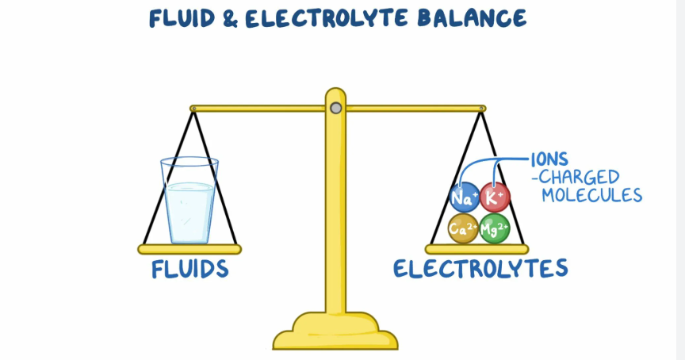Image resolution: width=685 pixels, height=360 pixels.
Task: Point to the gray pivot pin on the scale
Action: pos(336,108)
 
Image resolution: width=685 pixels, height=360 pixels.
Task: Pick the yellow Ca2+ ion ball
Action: pos(463,228)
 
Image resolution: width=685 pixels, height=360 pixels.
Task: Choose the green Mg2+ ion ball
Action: pos(495,228)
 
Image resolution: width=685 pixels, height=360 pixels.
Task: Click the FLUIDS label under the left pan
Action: pos(190,270)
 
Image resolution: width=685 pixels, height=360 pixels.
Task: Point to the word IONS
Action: pos(549,160)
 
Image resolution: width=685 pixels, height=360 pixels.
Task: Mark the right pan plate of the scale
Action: pos(479,248)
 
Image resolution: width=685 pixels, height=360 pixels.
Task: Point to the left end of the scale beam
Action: pos(195,108)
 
